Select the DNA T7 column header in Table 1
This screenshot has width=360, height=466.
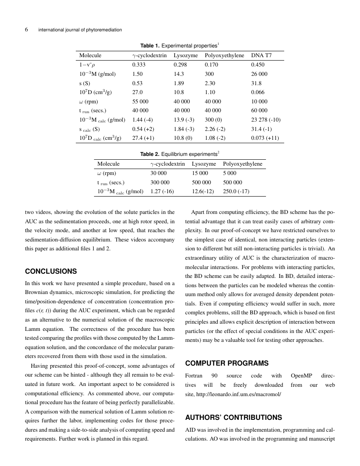pyautogui.click(x=261, y=55)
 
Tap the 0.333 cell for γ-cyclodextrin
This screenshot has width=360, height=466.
pyautogui.click(x=139, y=65)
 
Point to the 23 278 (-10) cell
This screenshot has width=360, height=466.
pyautogui.click(x=266, y=119)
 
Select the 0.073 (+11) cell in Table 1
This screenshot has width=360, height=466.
pyautogui.click(x=265, y=138)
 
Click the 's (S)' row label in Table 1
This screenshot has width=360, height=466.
pyautogui.click(x=85, y=83)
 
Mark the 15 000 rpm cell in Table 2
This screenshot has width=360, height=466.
pyautogui.click(x=200, y=173)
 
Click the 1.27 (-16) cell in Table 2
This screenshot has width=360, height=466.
pyautogui.click(x=162, y=191)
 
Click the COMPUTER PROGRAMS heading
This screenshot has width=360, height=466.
pyautogui.click(x=227, y=363)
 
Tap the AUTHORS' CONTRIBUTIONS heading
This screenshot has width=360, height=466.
pyautogui.click(x=234, y=417)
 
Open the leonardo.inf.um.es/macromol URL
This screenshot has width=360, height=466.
pyautogui.click(x=237, y=394)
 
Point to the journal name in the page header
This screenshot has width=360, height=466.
pyautogui.click(x=80, y=30)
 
